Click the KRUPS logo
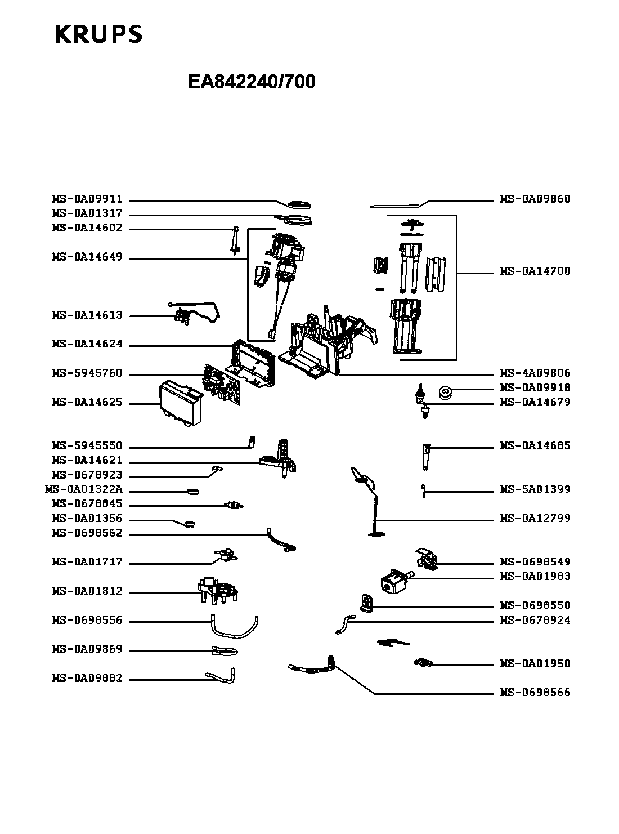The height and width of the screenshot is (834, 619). (98, 34)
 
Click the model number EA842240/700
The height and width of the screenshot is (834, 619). (252, 82)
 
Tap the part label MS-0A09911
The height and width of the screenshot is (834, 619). (87, 199)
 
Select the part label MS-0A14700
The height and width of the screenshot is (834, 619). (535, 271)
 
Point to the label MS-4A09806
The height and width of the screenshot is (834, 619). (535, 373)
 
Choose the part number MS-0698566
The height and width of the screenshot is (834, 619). (535, 693)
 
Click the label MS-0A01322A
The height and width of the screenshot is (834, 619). (83, 490)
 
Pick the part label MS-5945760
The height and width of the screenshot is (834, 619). (87, 374)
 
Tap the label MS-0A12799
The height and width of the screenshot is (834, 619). (535, 519)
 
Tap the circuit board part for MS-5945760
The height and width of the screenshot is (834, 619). (222, 383)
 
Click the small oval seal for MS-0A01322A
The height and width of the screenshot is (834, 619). (192, 491)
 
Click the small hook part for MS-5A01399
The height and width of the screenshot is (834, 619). (422, 490)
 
